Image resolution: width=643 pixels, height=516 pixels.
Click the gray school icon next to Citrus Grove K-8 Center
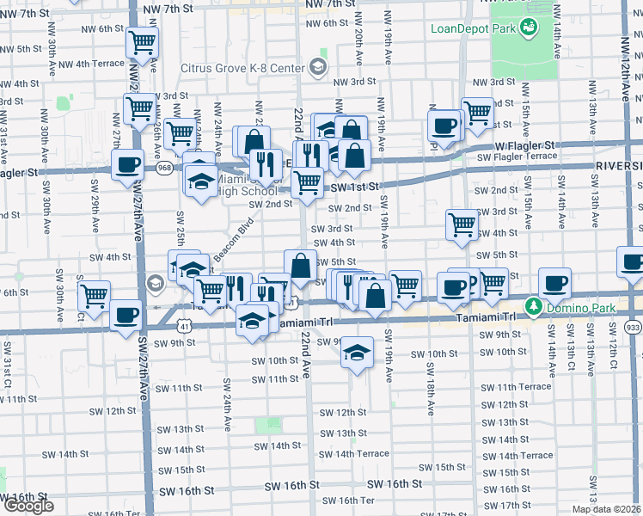(x=318, y=67)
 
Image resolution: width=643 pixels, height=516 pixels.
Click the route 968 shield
(x=163, y=169)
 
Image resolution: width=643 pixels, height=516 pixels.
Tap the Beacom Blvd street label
(x=233, y=241)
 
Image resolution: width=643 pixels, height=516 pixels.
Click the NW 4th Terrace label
(x=100, y=64)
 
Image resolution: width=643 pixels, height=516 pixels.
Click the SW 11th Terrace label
(x=516, y=387)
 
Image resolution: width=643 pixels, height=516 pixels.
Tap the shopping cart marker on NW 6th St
(x=142, y=41)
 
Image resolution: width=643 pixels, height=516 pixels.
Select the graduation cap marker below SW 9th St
(x=358, y=353)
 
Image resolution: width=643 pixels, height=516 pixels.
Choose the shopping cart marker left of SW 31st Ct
(x=95, y=296)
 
